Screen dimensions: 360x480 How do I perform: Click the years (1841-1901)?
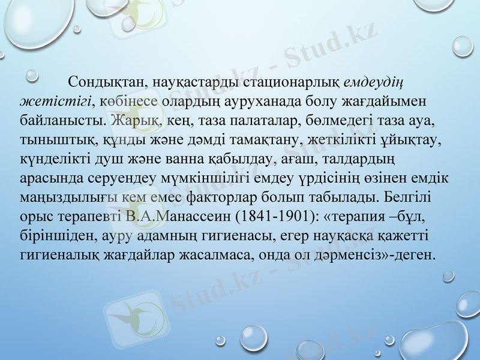pyautogui.click(x=274, y=217)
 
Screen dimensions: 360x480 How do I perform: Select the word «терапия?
pyautogui.click(x=357, y=217)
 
